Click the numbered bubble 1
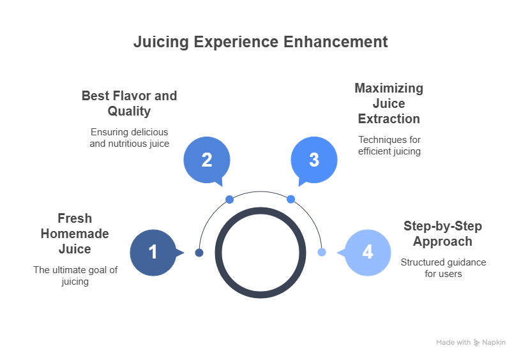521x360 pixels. click(153, 252)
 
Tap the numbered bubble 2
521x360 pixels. click(207, 160)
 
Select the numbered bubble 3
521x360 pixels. click(314, 160)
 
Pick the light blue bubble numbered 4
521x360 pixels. click(368, 252)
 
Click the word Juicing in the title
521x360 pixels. click(161, 42)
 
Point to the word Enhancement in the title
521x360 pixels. click(336, 42)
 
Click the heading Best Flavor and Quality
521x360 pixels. click(129, 103)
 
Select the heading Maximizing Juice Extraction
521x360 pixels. click(389, 103)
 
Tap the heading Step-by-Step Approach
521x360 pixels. click(442, 234)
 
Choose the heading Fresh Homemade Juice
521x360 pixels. click(75, 234)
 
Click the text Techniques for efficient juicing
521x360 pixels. click(389, 146)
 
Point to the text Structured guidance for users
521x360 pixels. click(443, 268)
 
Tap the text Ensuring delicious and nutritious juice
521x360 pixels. click(129, 138)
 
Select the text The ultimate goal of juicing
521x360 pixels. click(75, 276)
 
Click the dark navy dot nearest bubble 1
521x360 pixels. click(199, 253)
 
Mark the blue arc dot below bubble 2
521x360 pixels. click(230, 200)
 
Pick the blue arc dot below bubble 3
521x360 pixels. click(291, 199)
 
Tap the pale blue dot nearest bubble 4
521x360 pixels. click(322, 252)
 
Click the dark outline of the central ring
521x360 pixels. click(218, 252)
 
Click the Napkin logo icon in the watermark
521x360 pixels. click(476, 342)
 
